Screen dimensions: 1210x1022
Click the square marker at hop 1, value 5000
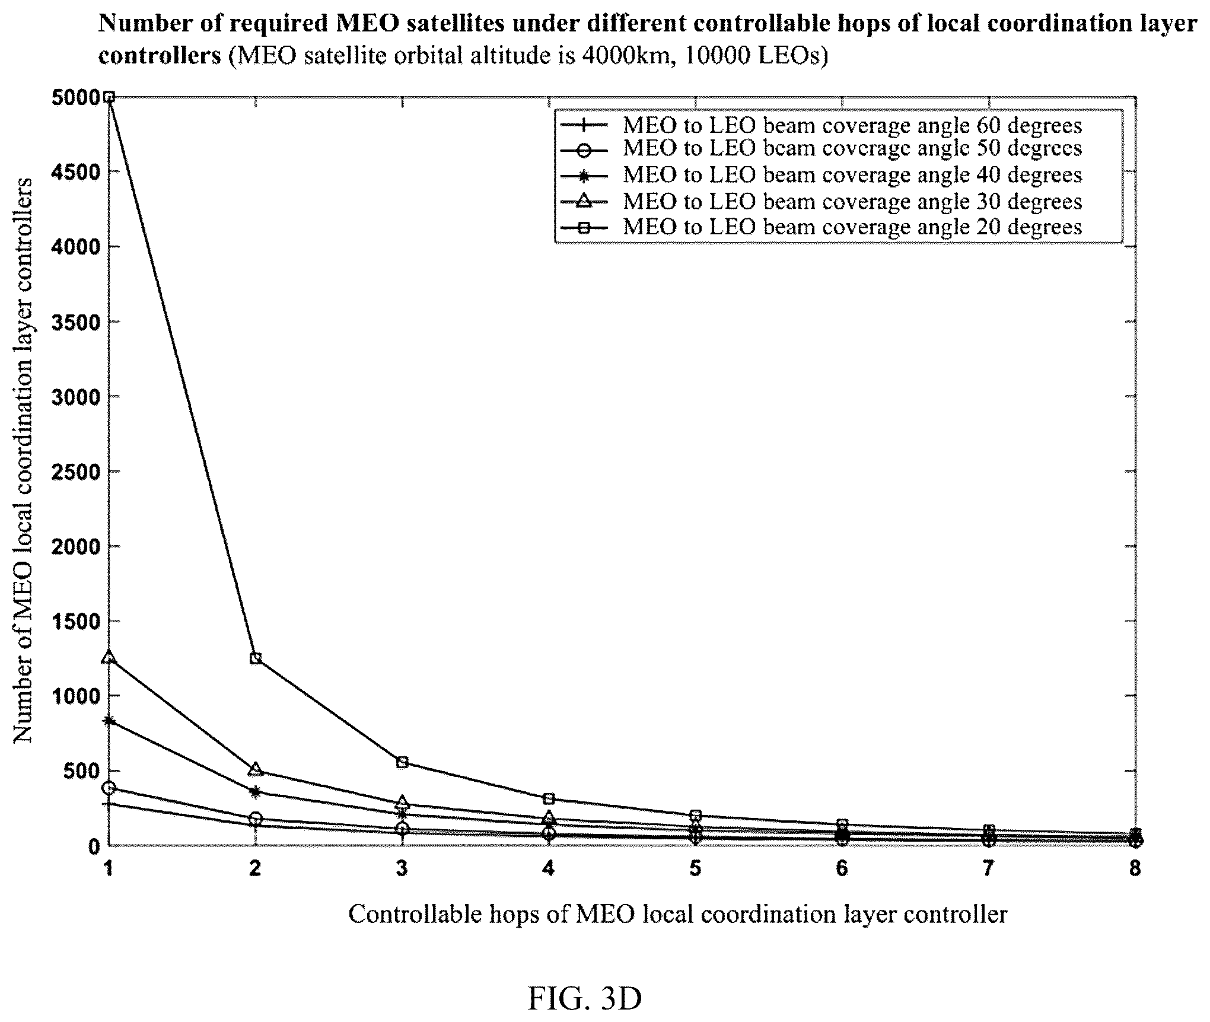click(x=109, y=97)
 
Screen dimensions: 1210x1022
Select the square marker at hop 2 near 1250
click(x=256, y=658)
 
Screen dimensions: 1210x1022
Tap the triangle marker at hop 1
click(x=109, y=657)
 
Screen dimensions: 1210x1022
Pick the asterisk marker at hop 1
click(x=109, y=721)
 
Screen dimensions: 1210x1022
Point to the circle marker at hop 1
click(x=109, y=788)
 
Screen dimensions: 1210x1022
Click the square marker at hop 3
click(x=402, y=762)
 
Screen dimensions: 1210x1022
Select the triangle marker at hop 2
click(x=256, y=769)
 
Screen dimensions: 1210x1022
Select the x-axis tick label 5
click(x=695, y=868)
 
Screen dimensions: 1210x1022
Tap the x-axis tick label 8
click(x=1135, y=868)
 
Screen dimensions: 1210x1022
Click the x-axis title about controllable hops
click(x=677, y=914)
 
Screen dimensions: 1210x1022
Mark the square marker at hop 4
click(x=549, y=799)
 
